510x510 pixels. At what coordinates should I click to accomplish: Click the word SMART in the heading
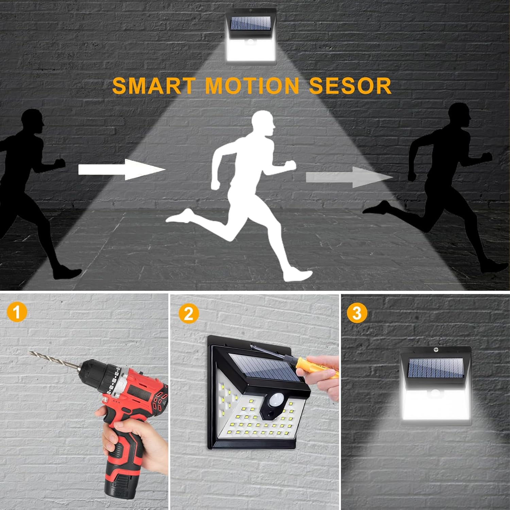point(154,85)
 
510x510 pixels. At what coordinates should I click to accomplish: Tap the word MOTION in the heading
point(252,85)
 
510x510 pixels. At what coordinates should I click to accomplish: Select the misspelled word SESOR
point(350,85)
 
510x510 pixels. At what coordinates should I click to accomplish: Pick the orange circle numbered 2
point(188,313)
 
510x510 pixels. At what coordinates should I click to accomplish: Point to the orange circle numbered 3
point(357,312)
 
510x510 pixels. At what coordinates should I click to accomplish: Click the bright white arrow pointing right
point(122,169)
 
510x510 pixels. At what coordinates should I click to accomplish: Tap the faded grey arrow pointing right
point(350,177)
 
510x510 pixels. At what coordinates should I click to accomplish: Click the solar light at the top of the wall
point(251,36)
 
